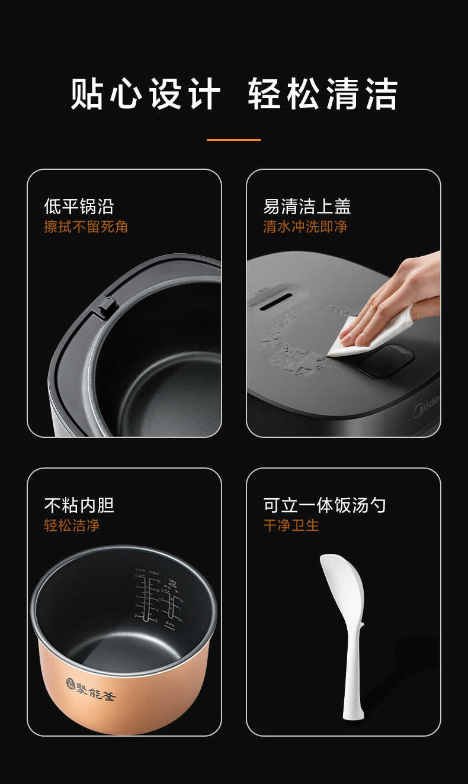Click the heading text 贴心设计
coord(146,93)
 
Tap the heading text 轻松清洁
coord(323,93)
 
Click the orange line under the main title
coord(233,140)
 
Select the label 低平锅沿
coord(79,207)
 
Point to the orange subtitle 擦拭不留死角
coord(86,227)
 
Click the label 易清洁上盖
coord(307,207)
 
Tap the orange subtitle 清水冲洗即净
coord(305,227)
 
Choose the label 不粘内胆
coord(79,505)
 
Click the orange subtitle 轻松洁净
coord(72,525)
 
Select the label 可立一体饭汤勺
coord(325,505)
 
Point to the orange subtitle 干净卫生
coord(291,525)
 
